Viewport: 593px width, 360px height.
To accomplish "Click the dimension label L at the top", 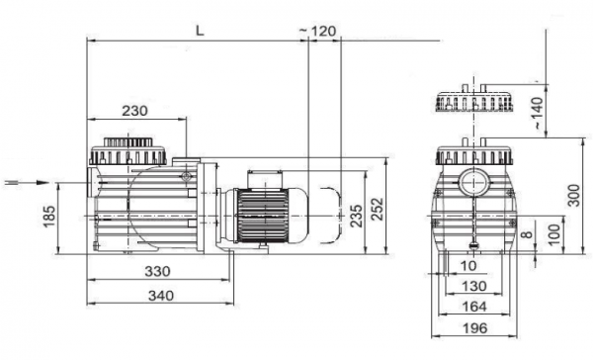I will (x=200, y=30).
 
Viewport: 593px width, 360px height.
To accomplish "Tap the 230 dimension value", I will (x=137, y=111).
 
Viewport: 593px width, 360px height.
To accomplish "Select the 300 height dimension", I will (x=574, y=196).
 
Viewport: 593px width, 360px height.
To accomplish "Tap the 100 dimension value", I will (x=553, y=235).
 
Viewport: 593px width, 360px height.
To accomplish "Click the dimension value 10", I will (x=467, y=265).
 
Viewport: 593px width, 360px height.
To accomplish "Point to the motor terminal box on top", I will (x=265, y=177).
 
